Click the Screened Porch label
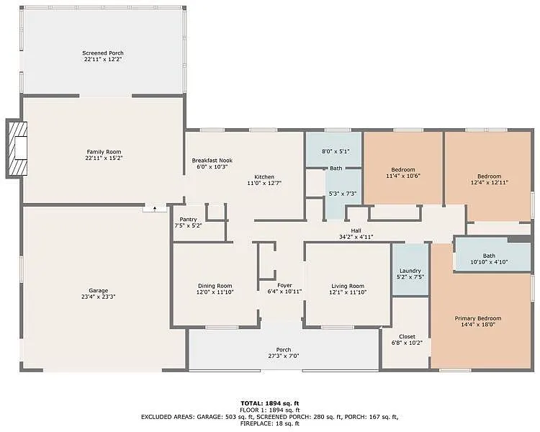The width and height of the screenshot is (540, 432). tap(102, 53)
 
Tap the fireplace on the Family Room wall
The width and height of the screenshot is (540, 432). tap(17, 149)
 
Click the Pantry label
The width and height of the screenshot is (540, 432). tap(188, 219)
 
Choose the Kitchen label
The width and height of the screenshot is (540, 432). tap(264, 176)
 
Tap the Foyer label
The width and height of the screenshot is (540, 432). tap(274, 285)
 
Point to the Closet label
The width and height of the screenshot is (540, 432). tap(408, 336)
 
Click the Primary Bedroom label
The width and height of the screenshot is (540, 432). tap(477, 318)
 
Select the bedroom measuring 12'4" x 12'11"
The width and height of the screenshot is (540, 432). tap(489, 176)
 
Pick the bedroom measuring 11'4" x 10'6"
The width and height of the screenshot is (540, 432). tap(402, 171)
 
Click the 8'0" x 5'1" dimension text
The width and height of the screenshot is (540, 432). tap(334, 152)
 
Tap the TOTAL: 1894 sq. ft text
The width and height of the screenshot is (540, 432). tap(269, 403)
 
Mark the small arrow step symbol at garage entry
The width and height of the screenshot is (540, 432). tap(154, 208)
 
